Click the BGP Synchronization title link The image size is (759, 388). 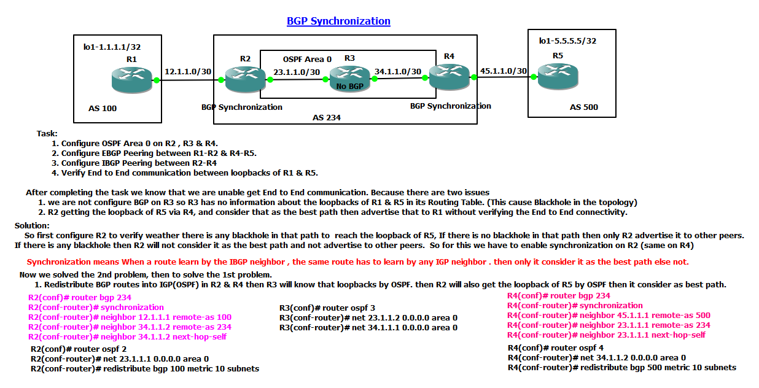click(x=338, y=21)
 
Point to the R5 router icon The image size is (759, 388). click(x=558, y=77)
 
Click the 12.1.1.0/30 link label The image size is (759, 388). click(x=188, y=71)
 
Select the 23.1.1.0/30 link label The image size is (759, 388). click(x=297, y=72)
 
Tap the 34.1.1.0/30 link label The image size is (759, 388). click(x=398, y=72)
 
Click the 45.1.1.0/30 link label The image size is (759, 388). click(x=504, y=71)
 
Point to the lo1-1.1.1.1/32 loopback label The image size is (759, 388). click(x=112, y=46)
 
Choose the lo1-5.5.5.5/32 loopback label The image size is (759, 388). click(x=567, y=41)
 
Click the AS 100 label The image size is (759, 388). click(x=103, y=109)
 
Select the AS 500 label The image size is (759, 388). click(x=583, y=107)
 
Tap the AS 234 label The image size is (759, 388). click(x=326, y=117)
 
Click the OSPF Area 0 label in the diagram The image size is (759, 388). click(x=307, y=59)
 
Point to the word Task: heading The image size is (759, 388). click(x=47, y=133)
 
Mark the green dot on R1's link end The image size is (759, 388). click(x=157, y=80)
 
